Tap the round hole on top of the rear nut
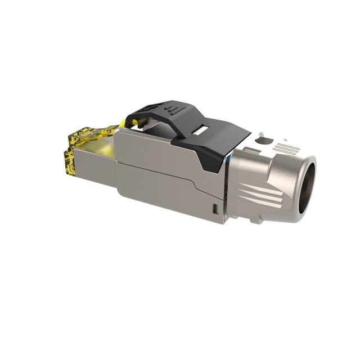tap(267, 141)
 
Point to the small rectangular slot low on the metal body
tap(214, 210)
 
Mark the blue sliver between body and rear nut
tap(227, 163)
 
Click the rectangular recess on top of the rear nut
tap(253, 151)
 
